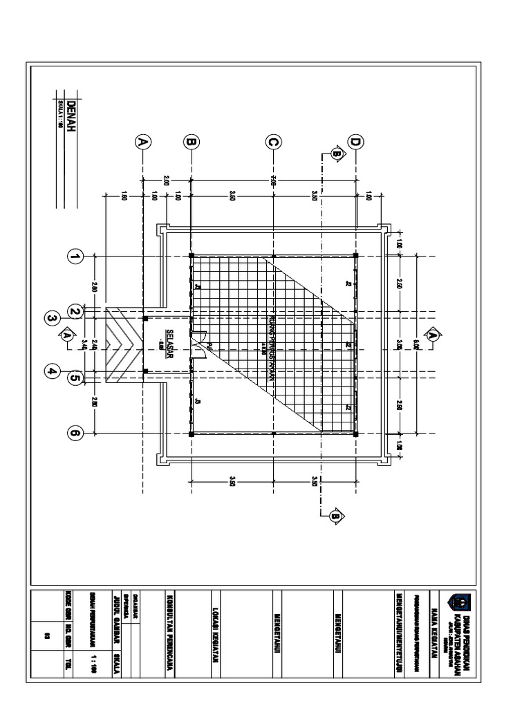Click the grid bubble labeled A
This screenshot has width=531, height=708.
[x=142, y=142]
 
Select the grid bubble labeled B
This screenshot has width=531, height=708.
[x=191, y=142]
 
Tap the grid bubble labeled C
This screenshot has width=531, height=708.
[x=273, y=142]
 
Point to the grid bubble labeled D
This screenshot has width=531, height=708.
[x=355, y=142]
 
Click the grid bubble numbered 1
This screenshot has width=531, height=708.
[x=75, y=257]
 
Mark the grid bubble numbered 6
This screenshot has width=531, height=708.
[x=75, y=434]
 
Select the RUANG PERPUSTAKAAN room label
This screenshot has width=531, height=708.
[x=272, y=337]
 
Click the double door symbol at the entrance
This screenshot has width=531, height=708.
[x=199, y=345]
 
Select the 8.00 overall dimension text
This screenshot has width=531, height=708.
[x=418, y=343]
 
